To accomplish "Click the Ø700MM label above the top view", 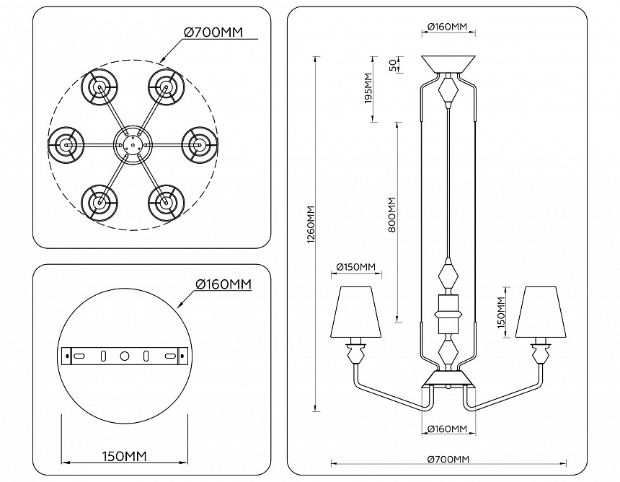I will (213, 32).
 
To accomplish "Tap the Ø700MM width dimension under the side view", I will (448, 460).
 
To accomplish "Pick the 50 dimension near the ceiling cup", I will (392, 64).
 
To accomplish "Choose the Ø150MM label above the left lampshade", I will (356, 268).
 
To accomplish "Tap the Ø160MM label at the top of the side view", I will (448, 27).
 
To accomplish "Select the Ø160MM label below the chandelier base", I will (448, 429).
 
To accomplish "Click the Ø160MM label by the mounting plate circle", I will (224, 284).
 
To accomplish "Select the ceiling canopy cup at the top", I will (448, 63).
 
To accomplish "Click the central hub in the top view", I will (130, 144).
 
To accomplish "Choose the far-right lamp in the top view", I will (196, 144).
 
